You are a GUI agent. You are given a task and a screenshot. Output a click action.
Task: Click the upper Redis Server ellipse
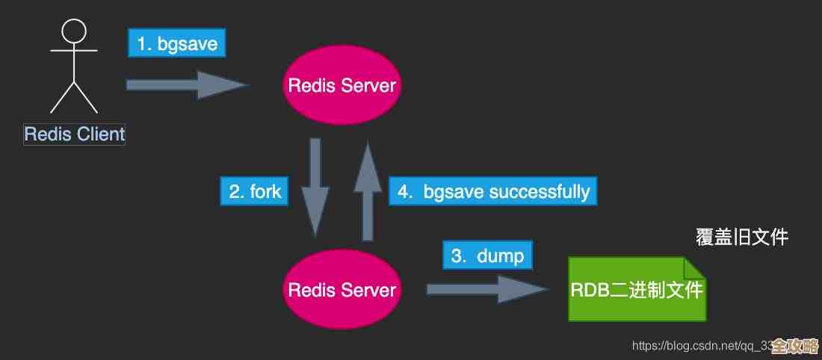coord(342,84)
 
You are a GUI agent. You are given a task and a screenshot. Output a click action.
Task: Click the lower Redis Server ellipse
coord(342,289)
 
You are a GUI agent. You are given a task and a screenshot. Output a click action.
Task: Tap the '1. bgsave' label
coord(176,43)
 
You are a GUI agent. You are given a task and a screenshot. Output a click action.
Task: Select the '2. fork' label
coord(254,191)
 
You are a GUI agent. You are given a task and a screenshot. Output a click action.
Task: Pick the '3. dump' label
coord(488,256)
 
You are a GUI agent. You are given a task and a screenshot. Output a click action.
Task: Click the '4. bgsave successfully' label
coord(493,191)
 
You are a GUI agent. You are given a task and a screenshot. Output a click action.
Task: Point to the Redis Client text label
coord(74,134)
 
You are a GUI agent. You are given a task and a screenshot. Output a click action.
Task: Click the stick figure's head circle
coord(74,31)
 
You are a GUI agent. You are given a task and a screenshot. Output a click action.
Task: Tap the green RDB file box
coord(635,290)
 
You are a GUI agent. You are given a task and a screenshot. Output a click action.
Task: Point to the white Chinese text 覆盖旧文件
coord(741,238)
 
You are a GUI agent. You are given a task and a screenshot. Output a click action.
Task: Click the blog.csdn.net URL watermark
coord(699,346)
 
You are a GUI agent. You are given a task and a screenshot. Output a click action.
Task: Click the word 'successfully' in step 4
coord(539,192)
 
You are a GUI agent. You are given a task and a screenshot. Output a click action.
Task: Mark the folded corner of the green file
coord(694,267)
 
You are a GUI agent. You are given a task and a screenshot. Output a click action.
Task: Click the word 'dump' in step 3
coord(500,256)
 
